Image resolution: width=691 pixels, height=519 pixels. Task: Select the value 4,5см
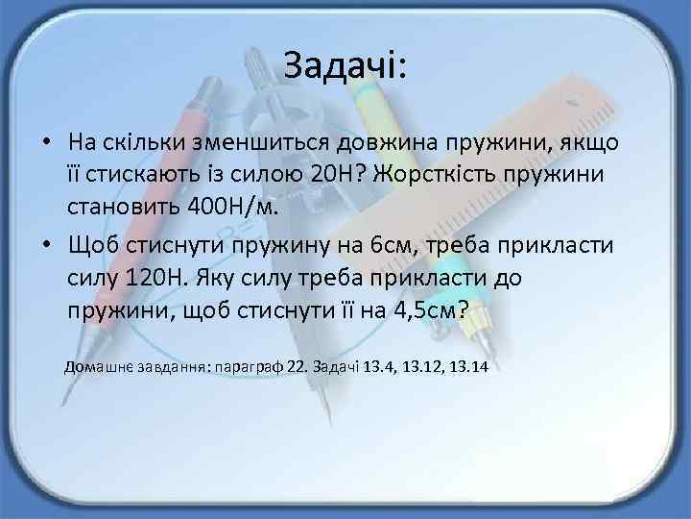(x=422, y=310)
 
